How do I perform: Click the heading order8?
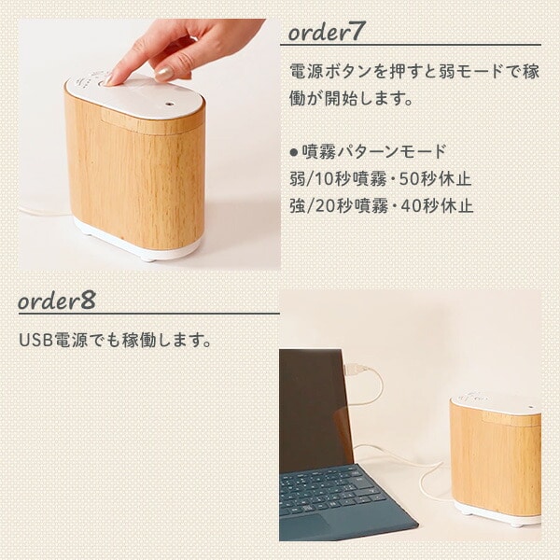[56, 301]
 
